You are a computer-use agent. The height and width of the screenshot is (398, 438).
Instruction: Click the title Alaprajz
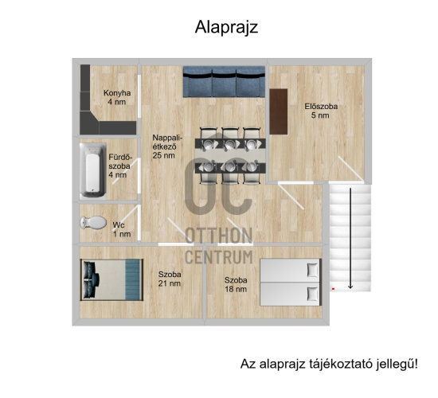226,27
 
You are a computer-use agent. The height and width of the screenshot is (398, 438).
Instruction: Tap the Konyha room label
117,97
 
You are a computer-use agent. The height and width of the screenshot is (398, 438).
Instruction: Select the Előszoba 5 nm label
321,111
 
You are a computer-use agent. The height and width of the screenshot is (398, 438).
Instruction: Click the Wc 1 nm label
121,229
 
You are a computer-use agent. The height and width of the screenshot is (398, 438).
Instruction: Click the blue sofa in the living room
222,81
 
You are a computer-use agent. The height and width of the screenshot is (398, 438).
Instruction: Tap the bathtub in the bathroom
92,169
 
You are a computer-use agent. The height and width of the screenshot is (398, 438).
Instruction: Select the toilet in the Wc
95,223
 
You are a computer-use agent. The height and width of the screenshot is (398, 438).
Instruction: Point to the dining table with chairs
229,150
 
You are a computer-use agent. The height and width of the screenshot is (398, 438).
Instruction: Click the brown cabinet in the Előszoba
278,111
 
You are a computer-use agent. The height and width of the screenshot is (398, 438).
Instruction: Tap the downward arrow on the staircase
350,263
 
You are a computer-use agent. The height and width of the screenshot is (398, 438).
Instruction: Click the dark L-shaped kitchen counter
89,107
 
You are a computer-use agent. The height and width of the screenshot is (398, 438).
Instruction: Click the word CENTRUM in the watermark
219,256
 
